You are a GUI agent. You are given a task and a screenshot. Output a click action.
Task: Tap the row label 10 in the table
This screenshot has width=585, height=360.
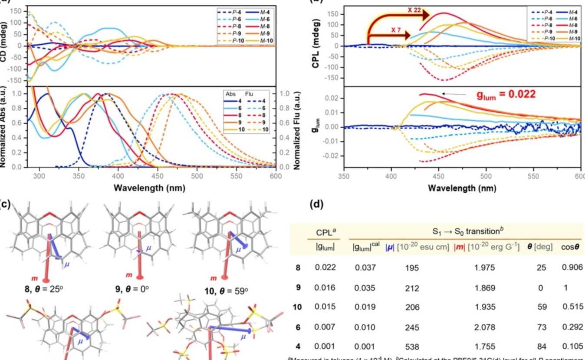[297, 307]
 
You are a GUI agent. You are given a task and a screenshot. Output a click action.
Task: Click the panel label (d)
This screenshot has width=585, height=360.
[316, 205]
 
